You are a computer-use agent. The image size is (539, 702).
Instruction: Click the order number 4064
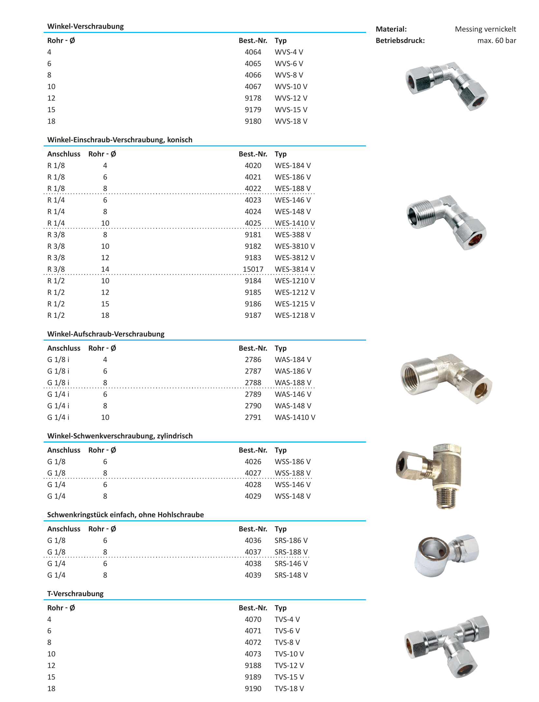point(253,52)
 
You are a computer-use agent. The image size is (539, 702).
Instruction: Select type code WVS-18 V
point(291,121)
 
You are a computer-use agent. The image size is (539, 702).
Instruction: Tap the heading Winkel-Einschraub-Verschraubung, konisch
point(120,140)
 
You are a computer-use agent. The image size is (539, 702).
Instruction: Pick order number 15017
point(253,269)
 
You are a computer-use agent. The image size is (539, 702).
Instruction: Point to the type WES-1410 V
point(295,223)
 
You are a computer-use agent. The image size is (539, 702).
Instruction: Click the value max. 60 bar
point(496,41)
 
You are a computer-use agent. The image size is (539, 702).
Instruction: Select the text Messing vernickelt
point(485,29)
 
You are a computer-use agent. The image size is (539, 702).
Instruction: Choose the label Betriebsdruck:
point(400,41)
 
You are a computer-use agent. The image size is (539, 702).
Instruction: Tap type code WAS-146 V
point(293,394)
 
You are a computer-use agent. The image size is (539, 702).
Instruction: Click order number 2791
point(253,417)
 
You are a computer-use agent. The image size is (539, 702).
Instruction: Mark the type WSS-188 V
point(292,473)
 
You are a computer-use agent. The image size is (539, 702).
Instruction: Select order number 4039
point(253,575)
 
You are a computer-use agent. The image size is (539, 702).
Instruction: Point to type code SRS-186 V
point(291,541)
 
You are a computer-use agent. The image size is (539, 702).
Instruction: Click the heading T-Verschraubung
point(75,594)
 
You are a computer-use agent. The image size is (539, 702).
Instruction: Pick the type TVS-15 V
point(289,677)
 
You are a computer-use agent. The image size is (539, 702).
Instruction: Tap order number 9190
point(253,689)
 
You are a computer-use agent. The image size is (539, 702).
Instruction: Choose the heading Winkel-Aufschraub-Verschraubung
point(106,334)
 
